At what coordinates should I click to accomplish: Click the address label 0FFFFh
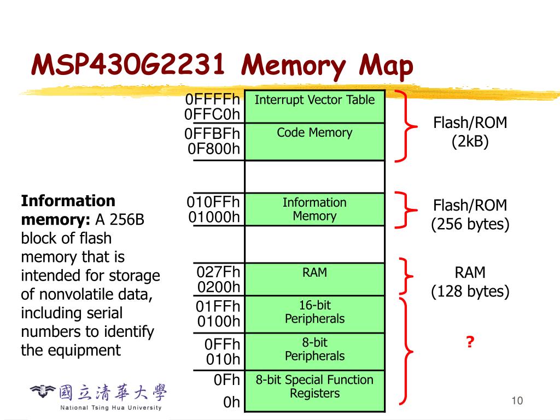213,99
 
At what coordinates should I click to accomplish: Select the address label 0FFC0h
212,114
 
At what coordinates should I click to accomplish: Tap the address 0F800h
214,149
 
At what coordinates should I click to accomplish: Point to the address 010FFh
213,202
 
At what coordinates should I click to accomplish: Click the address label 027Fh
218,272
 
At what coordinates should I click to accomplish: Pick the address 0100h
219,322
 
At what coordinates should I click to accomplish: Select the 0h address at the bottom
231,402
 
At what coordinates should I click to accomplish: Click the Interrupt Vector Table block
314,107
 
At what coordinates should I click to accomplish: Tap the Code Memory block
314,142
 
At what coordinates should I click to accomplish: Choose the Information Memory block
314,209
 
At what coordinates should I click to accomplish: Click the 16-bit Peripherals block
314,314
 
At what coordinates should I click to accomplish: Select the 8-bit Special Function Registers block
314,391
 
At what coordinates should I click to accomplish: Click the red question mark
470,342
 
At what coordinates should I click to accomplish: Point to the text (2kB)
470,142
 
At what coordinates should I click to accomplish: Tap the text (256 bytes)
470,224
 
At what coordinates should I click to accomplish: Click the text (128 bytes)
470,291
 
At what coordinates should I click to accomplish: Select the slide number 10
517,401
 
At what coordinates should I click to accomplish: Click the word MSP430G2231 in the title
128,65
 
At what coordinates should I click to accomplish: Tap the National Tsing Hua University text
110,407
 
